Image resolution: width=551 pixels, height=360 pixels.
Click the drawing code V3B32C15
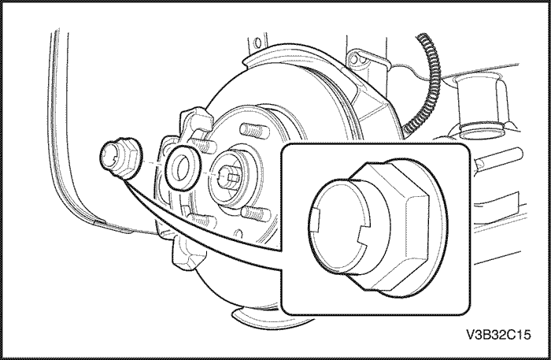click(498, 335)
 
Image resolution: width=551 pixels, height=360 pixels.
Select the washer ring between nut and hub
click(183, 167)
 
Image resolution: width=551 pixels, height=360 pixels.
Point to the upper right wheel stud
click(255, 131)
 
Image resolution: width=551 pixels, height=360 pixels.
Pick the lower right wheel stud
click(256, 213)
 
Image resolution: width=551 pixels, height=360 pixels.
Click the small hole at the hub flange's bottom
click(239, 234)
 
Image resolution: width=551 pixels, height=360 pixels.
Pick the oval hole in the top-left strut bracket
click(257, 43)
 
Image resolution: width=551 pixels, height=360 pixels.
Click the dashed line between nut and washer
click(153, 163)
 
